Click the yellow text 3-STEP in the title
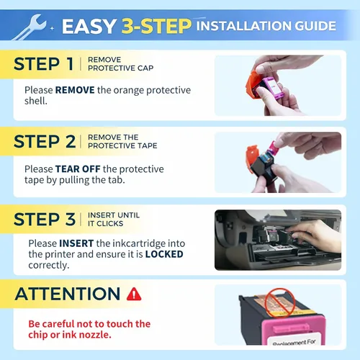pyautogui.click(x=156, y=26)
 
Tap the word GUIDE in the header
pyautogui.click(x=315, y=26)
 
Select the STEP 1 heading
pyautogui.click(x=43, y=64)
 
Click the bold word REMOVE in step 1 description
pyautogui.click(x=75, y=90)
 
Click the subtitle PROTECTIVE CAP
pyautogui.click(x=121, y=68)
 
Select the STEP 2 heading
pyautogui.click(x=45, y=141)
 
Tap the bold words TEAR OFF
pyautogui.click(x=78, y=169)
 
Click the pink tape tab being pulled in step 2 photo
pyautogui.click(x=274, y=147)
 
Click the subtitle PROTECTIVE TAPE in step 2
pyautogui.click(x=122, y=145)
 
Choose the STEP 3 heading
pyautogui.click(x=45, y=219)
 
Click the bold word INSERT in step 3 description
pyautogui.click(x=76, y=243)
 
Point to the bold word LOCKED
pyautogui.click(x=164, y=254)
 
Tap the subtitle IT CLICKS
pyautogui.click(x=106, y=224)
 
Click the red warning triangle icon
pyautogui.click(x=134, y=294)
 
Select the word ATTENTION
pyautogui.click(x=68, y=294)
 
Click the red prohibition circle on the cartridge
pyautogui.click(x=279, y=303)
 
